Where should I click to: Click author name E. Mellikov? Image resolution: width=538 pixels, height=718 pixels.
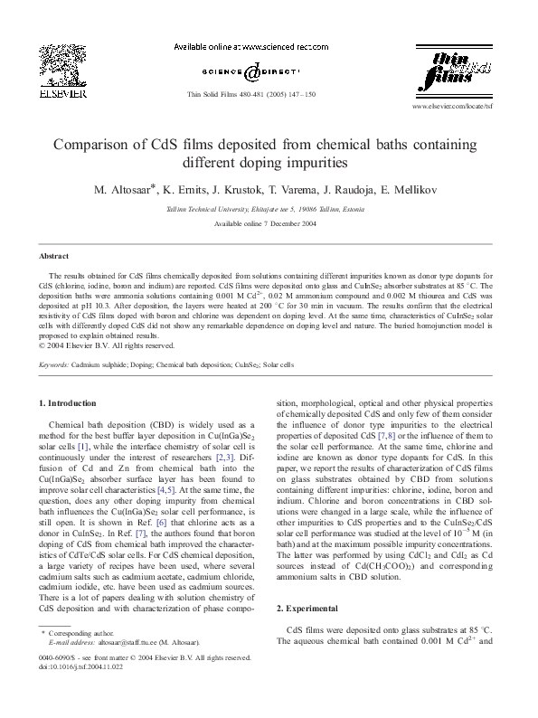coord(412,190)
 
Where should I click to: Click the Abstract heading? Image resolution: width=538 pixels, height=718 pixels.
coord(54,257)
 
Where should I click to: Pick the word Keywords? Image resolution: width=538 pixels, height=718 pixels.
coord(54,365)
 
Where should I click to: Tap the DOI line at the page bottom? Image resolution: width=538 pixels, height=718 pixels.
coord(82,690)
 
